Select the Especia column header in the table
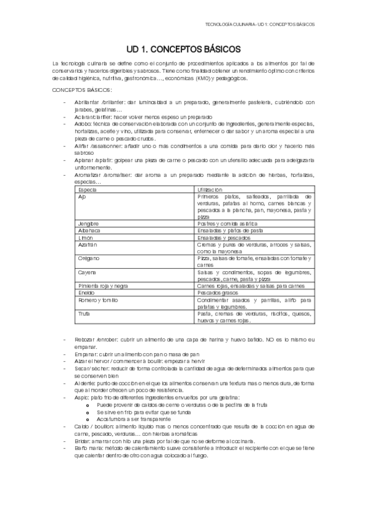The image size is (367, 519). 88,191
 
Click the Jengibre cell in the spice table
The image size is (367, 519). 89,224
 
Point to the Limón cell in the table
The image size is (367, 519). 85,237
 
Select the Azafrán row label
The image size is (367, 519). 88,244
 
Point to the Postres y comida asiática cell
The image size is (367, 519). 227,224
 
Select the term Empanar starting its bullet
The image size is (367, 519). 85,354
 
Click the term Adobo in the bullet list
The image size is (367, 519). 81,123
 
